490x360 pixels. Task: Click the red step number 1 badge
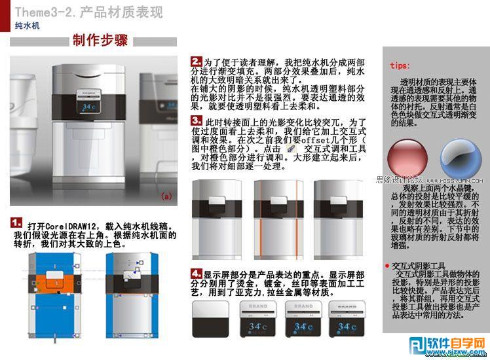17,222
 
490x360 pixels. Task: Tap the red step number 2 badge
196,61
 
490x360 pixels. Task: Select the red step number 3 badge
196,121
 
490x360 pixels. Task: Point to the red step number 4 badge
196,273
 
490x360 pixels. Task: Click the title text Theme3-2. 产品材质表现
88,12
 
